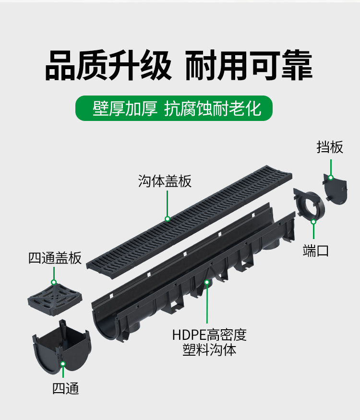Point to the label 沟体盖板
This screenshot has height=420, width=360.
pos(165,181)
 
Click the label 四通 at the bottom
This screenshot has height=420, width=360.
pos(65,388)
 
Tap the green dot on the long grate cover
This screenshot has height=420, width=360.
pos(168,219)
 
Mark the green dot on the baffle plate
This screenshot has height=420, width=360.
pos(331,178)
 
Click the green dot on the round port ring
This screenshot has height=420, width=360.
pos(313,221)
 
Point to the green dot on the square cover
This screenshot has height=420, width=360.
pos(54,283)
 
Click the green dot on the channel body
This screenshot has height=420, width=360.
pos(207,282)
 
